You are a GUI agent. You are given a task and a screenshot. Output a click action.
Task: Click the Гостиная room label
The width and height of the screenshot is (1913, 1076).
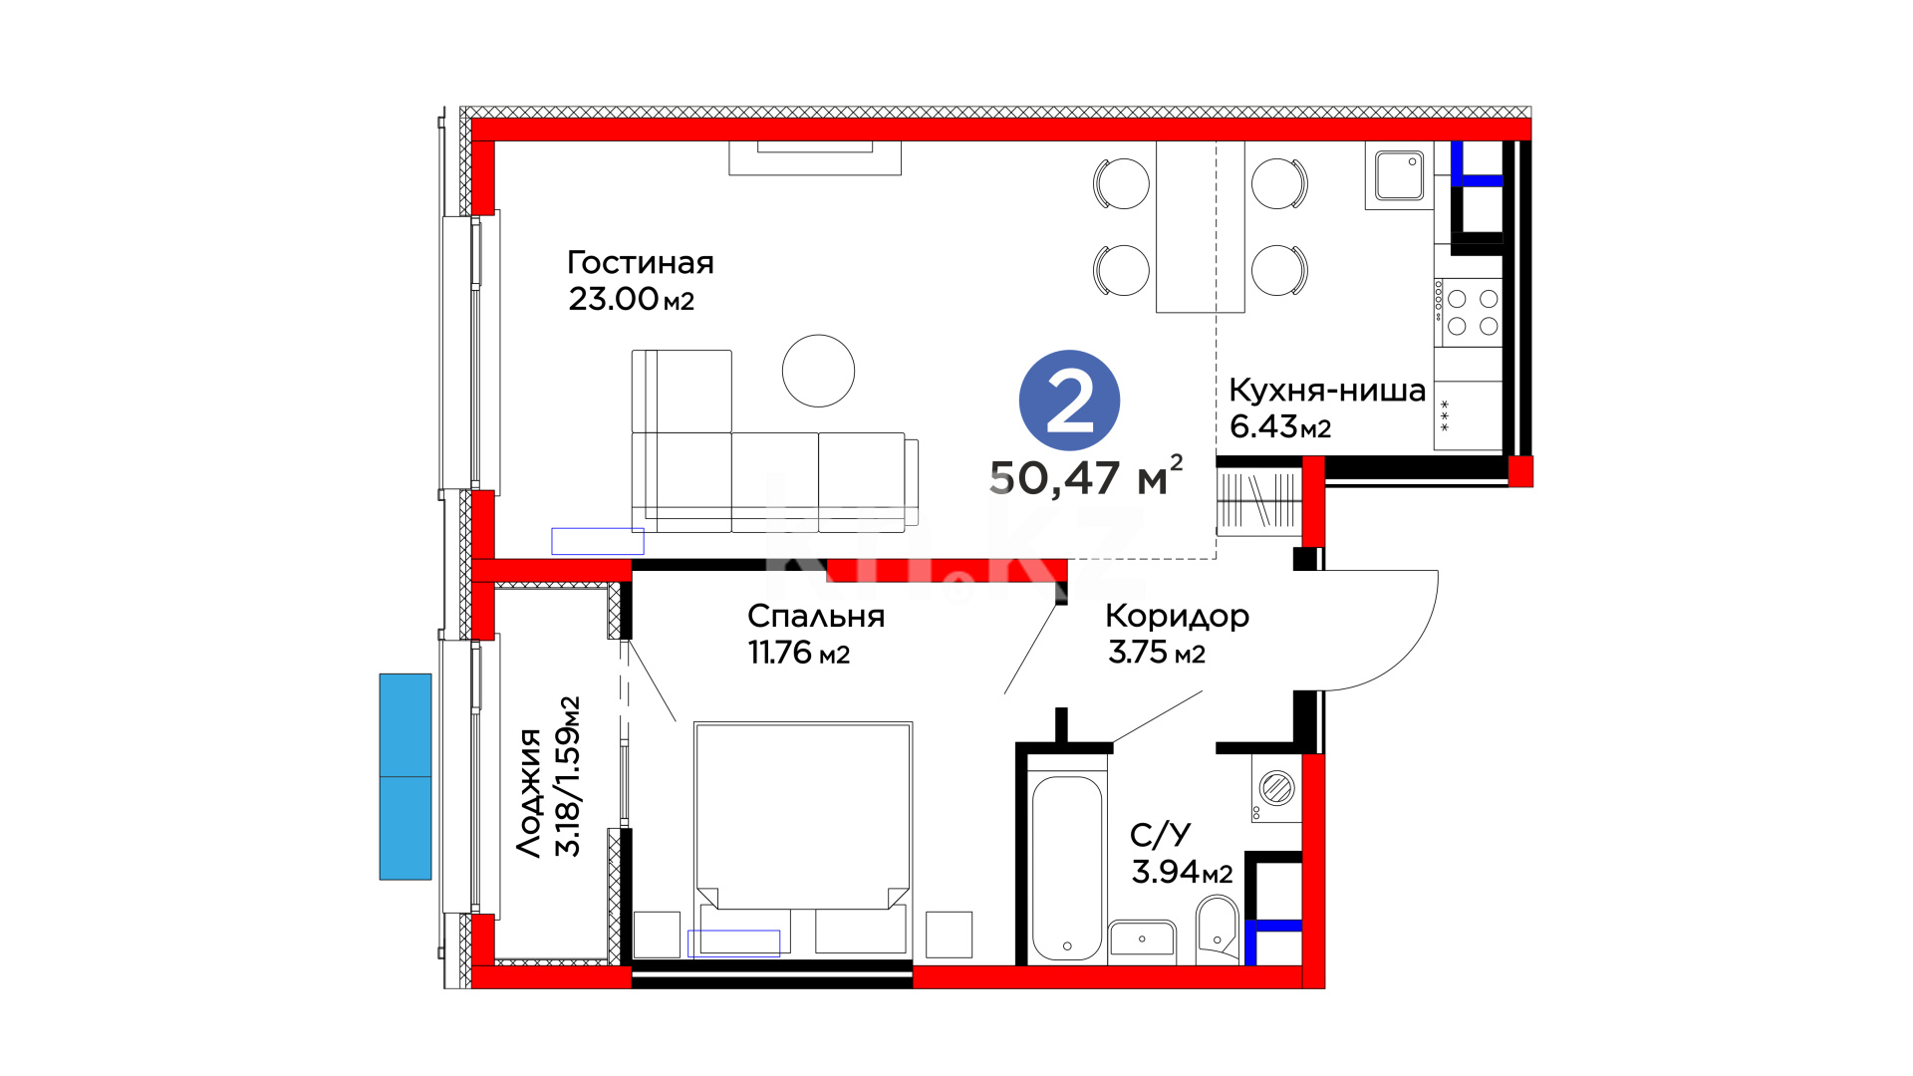click(x=641, y=263)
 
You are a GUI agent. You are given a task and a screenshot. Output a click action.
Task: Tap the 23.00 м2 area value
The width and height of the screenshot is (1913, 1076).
click(x=631, y=299)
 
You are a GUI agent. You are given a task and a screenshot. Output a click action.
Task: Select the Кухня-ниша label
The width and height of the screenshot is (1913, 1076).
click(x=1326, y=390)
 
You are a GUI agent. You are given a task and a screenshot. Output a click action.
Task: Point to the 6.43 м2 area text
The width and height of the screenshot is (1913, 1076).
click(x=1280, y=426)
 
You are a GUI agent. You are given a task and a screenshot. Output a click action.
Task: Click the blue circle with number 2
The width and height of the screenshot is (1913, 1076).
click(x=1069, y=401)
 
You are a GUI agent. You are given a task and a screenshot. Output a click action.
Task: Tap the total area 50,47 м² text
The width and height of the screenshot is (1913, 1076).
click(x=1085, y=476)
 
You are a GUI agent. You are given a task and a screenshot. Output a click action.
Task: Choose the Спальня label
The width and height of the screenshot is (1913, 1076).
click(x=816, y=616)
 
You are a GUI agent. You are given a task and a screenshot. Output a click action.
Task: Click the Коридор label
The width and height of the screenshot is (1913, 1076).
click(x=1177, y=616)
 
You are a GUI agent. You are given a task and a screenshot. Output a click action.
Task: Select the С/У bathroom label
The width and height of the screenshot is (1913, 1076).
click(x=1161, y=834)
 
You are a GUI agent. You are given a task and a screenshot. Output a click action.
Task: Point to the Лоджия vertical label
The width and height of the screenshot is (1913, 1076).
click(x=529, y=793)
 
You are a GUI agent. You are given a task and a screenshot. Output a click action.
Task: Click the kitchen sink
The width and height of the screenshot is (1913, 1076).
click(x=1399, y=175)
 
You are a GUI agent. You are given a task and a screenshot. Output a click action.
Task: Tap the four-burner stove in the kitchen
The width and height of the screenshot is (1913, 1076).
click(x=1468, y=312)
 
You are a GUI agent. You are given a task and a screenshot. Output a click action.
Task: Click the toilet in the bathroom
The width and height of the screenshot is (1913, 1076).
click(x=1217, y=930)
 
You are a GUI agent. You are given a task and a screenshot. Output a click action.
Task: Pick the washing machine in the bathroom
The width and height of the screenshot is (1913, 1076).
click(x=1276, y=788)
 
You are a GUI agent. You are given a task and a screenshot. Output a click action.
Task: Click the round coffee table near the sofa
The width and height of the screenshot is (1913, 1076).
click(x=818, y=371)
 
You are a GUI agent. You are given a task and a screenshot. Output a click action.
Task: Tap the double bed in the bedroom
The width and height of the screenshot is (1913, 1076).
click(x=803, y=837)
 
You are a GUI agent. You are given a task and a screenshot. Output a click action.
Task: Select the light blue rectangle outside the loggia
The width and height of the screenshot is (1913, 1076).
click(x=406, y=777)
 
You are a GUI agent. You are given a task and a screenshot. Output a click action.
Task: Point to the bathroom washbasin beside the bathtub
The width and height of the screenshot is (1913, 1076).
click(x=1142, y=939)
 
